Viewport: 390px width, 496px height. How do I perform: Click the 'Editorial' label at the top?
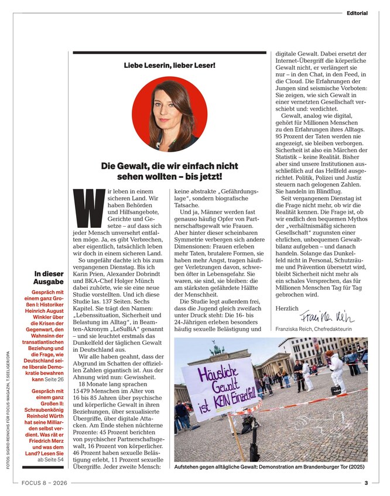357,12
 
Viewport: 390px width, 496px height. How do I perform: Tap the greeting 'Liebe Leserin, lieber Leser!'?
169,66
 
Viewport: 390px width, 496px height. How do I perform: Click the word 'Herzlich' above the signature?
286,308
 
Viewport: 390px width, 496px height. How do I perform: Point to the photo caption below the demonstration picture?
270,467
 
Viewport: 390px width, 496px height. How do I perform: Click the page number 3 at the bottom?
366,484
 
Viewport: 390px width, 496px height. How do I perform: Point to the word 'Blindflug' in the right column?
313,192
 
